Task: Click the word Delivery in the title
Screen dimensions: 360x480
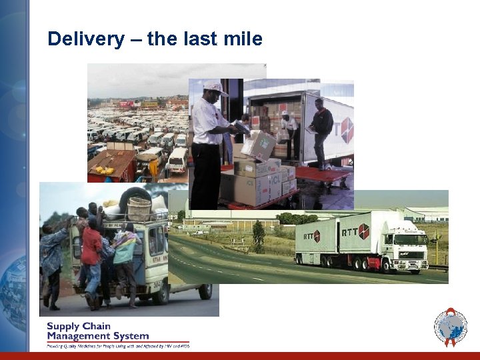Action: pyautogui.click(x=85, y=39)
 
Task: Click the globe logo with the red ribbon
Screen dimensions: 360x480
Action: pyautogui.click(x=450, y=327)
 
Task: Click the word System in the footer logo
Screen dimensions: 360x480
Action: pyautogui.click(x=128, y=336)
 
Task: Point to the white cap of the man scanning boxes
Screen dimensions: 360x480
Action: pyautogui.click(x=213, y=87)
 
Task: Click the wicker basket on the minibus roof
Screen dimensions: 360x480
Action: pyautogui.click(x=139, y=209)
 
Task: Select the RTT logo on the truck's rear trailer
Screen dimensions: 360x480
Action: pyautogui.click(x=313, y=236)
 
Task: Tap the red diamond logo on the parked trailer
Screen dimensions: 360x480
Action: pyautogui.click(x=347, y=130)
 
